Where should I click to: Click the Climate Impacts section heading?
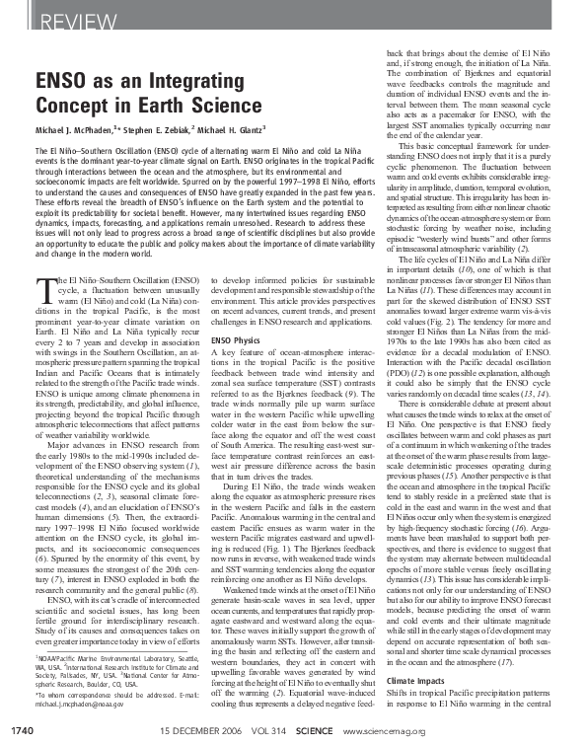416,709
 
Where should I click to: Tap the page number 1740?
23,730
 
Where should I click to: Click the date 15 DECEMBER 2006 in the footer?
198,730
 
